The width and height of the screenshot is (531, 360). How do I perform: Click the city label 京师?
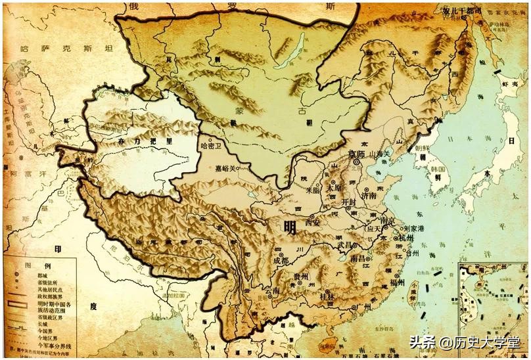pyautogui.click(x=358, y=153)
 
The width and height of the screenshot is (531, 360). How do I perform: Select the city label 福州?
pyautogui.click(x=396, y=283)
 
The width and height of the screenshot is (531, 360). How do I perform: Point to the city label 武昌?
pyautogui.click(x=344, y=244)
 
